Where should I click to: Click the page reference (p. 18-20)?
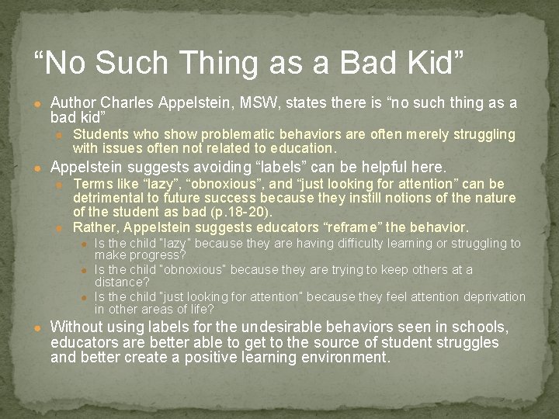(x=240, y=212)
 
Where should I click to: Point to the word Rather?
(x=93, y=227)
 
